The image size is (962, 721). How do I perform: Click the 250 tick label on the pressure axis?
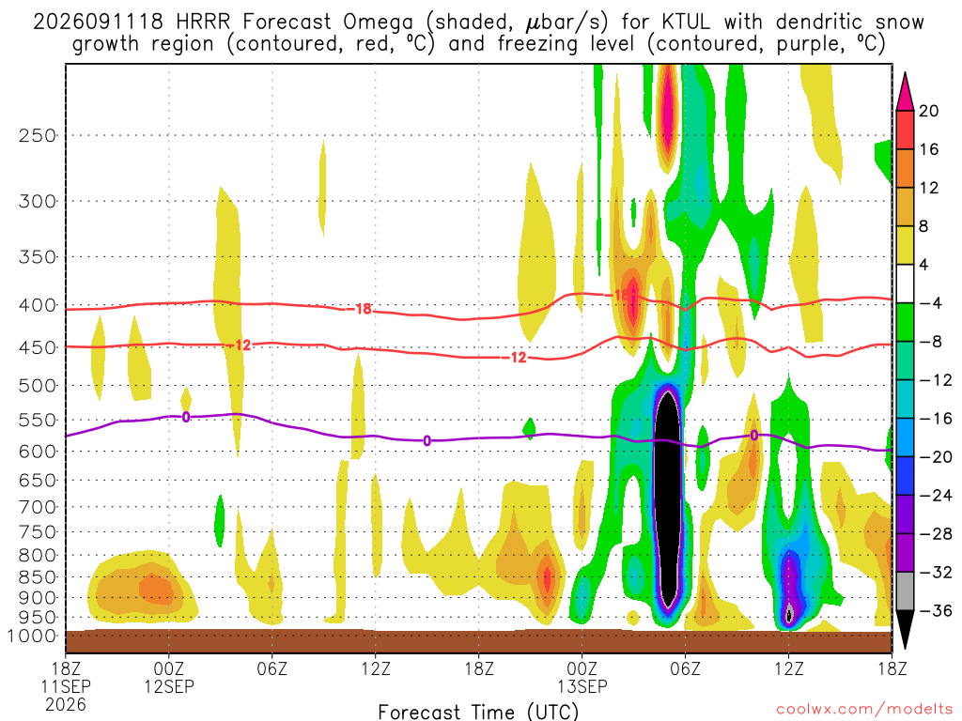click(38, 135)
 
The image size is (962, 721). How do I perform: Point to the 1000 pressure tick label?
click(32, 637)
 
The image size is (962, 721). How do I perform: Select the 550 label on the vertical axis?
click(38, 421)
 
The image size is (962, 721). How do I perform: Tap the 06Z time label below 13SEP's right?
click(685, 668)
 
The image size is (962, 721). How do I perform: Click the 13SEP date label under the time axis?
click(582, 686)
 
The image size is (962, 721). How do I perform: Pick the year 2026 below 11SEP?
click(66, 705)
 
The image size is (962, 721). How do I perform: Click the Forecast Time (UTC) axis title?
click(478, 712)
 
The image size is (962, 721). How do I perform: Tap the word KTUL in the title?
click(686, 23)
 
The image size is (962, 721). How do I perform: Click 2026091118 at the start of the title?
click(98, 23)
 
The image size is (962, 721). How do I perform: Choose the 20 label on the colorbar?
click(928, 111)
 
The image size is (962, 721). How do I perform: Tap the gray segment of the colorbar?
click(905, 591)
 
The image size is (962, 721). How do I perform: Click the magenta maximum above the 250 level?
click(668, 111)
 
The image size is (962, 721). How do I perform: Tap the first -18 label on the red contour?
click(364, 308)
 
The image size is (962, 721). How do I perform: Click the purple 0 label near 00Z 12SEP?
click(186, 417)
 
